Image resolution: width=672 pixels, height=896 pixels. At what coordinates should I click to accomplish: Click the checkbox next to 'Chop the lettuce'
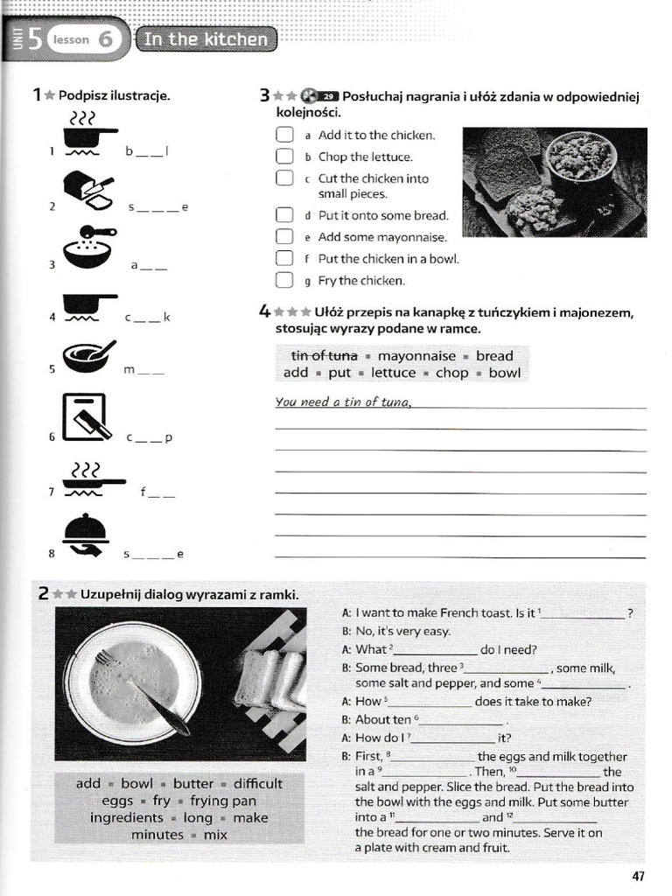tap(283, 157)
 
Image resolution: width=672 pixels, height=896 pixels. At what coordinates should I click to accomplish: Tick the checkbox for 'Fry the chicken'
tap(283, 281)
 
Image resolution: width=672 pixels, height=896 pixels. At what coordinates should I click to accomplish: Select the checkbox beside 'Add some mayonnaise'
tap(283, 236)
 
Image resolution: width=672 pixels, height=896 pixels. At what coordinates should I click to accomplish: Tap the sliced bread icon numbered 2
tap(88, 190)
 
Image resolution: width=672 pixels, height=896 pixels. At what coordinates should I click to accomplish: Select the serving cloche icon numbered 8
tap(87, 535)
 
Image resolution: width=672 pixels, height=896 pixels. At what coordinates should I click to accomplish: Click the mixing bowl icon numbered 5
tap(87, 356)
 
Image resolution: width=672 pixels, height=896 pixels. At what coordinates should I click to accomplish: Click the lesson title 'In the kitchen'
tap(206, 39)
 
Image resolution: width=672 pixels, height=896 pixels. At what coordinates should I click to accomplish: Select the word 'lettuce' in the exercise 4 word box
tap(393, 373)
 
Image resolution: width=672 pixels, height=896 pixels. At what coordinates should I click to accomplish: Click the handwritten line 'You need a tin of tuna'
tap(343, 402)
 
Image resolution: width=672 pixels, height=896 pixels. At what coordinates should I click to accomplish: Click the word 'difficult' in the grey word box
tap(257, 784)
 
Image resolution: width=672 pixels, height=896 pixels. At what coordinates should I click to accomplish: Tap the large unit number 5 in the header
tap(33, 39)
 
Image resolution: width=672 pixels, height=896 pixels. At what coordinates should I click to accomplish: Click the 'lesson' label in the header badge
tap(71, 40)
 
